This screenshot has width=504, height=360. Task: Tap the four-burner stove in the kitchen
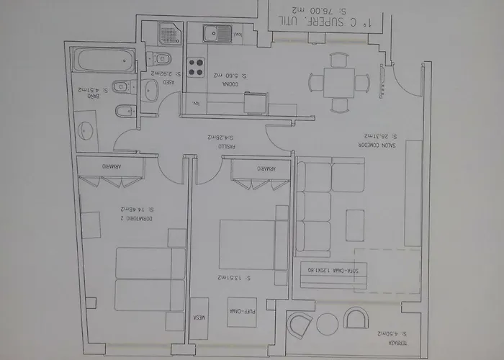click(x=196, y=67)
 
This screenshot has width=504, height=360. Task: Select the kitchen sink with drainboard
click(x=216, y=33)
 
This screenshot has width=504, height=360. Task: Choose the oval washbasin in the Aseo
click(x=152, y=90)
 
